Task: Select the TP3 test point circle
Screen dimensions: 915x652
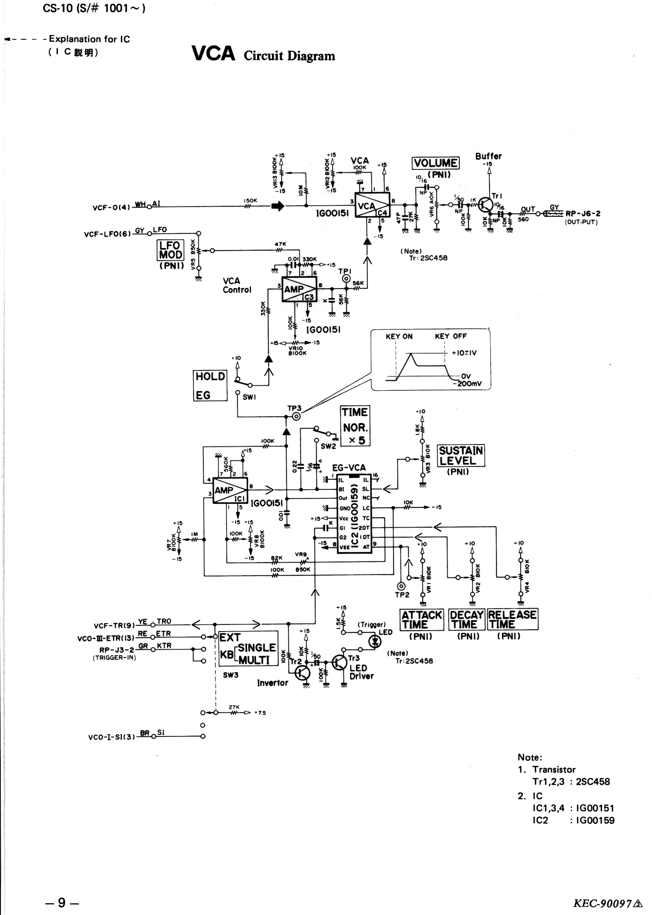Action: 296,417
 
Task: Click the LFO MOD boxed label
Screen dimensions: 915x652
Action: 170,250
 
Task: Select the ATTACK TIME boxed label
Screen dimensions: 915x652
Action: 422,620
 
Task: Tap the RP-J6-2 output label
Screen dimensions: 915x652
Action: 583,214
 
